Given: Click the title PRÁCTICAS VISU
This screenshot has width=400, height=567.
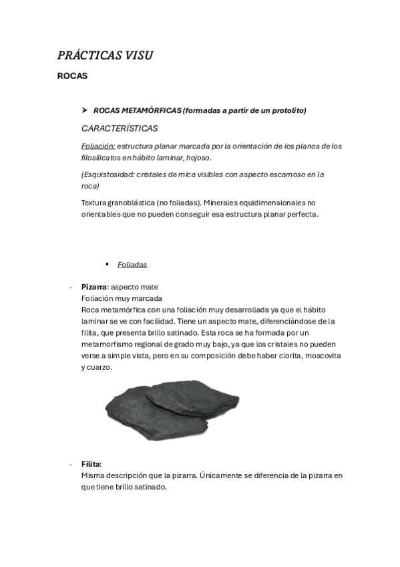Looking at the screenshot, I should tap(105, 55).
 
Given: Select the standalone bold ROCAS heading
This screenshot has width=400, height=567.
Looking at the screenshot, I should tap(72, 76).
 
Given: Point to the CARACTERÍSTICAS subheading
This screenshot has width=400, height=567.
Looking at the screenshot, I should tap(120, 128).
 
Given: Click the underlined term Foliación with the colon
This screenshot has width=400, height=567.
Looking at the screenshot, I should tap(98, 146).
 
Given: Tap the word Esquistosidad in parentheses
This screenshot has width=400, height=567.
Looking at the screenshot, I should tap(109, 175).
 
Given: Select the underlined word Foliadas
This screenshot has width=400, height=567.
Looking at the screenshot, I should tap(132, 265).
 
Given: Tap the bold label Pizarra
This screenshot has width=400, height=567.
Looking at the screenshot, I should tap(93, 287).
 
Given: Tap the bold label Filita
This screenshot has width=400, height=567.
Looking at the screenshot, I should tap(91, 463).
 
